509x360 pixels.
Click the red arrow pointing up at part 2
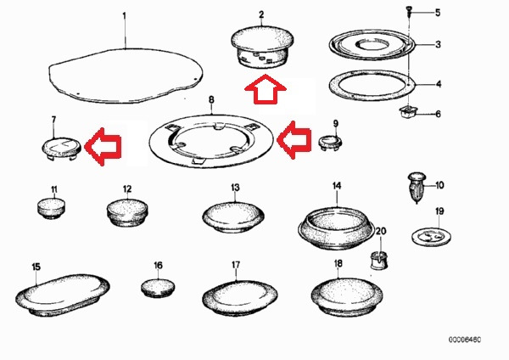[266, 89]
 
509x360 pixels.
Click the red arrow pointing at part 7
[103, 147]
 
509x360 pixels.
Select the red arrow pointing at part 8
[294, 140]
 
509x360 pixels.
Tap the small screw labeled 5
[410, 13]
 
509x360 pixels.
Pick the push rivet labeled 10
[417, 188]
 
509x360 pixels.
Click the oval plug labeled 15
[63, 294]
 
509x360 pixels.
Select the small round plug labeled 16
[158, 288]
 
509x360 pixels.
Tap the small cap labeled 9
[330, 143]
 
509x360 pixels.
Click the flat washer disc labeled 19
[432, 236]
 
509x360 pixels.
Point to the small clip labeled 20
[379, 260]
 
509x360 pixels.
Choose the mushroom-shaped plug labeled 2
[263, 48]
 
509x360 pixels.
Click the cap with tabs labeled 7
[61, 148]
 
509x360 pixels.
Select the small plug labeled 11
[51, 208]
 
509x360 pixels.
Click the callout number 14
[337, 186]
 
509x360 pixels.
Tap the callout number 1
[124, 15]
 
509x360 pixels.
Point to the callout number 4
[439, 84]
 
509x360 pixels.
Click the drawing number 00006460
[465, 340]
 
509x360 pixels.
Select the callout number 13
[235, 188]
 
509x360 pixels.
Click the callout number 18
[338, 263]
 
